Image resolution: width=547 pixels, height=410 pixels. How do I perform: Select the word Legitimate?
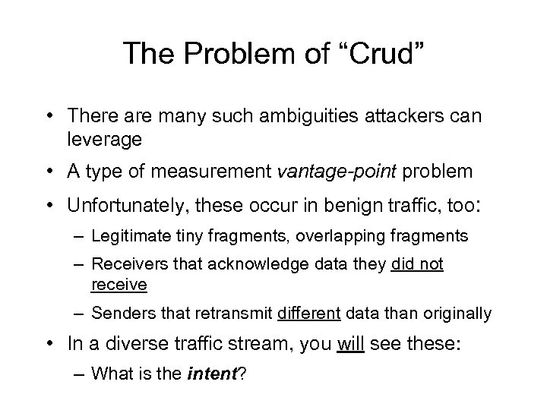tap(126, 236)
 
